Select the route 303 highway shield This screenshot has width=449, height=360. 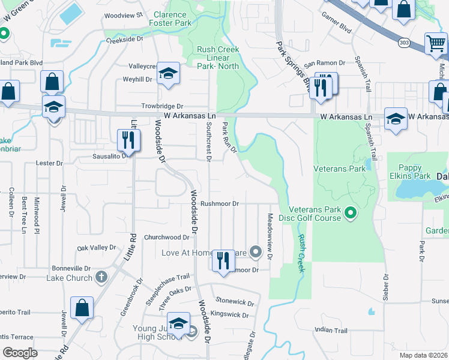(x=403, y=43)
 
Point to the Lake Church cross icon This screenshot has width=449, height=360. (x=101, y=277)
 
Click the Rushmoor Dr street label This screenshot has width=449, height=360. (x=219, y=204)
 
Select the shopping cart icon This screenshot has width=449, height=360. (x=435, y=43)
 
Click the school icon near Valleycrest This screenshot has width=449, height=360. (x=169, y=74)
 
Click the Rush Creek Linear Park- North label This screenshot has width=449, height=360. (x=218, y=58)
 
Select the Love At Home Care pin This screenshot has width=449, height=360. (x=256, y=251)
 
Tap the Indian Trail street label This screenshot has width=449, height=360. (x=331, y=331)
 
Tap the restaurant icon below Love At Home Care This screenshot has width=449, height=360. (x=223, y=261)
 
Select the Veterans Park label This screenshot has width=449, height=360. (x=340, y=169)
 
